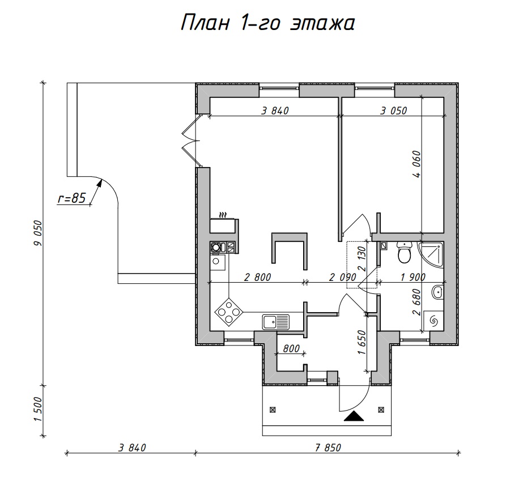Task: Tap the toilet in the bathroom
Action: [405, 253]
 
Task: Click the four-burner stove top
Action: [229, 312]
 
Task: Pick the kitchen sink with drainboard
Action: [275, 322]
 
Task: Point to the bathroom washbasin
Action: [437, 292]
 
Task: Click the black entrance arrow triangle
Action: [354, 416]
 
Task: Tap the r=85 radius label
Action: [72, 198]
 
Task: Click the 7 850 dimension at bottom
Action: [328, 447]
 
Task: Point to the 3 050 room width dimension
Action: [394, 110]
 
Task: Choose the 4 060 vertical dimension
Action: [417, 164]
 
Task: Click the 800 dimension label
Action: [291, 349]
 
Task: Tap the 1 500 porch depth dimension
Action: [39, 410]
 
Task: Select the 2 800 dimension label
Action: [257, 277]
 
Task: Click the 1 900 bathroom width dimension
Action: [413, 277]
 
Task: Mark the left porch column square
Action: [273, 410]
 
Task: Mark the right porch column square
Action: [381, 410]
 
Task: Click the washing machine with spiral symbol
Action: [434, 321]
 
